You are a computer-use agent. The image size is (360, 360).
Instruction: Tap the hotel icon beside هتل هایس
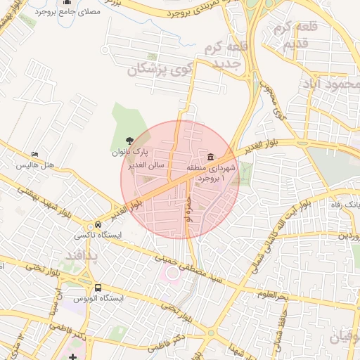[35, 155]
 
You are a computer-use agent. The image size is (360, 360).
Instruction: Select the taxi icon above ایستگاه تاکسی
[88, 225]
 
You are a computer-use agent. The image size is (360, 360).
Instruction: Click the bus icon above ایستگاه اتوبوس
[98, 288]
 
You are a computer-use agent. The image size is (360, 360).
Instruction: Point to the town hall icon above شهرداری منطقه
[210, 156]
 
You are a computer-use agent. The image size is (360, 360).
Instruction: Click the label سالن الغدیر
[146, 165]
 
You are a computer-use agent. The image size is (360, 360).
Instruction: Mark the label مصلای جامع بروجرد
[67, 13]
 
